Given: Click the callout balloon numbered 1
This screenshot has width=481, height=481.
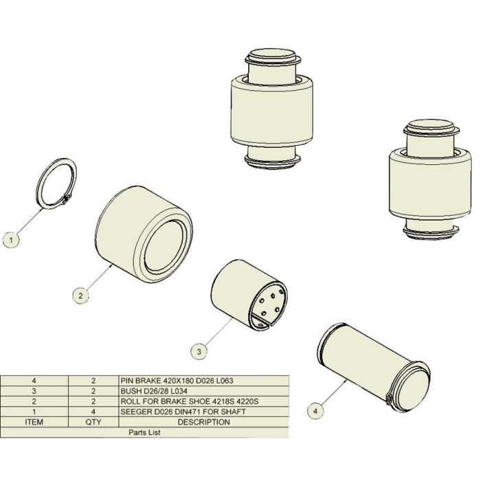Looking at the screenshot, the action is (11, 240).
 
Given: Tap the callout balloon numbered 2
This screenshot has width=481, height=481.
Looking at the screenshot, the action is (80, 295).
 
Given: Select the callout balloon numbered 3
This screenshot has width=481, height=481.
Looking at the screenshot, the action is (199, 351).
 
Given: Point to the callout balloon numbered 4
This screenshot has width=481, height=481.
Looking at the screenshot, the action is (315, 411).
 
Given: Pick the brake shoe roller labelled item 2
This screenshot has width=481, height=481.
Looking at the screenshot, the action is (144, 234).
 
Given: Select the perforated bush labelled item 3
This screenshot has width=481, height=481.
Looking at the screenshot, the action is (249, 296).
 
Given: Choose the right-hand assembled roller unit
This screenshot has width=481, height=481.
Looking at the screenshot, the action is (430, 180).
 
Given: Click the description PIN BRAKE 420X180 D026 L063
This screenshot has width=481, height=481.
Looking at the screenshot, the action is (177, 381).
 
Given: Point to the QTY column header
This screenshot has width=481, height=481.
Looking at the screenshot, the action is (93, 422).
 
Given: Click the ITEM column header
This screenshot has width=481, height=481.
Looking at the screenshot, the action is (34, 422).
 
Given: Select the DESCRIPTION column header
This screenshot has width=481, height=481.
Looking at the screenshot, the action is (203, 422).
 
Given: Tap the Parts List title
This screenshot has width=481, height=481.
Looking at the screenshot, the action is (144, 432).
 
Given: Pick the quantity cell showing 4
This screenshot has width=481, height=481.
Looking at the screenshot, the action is (93, 412).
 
